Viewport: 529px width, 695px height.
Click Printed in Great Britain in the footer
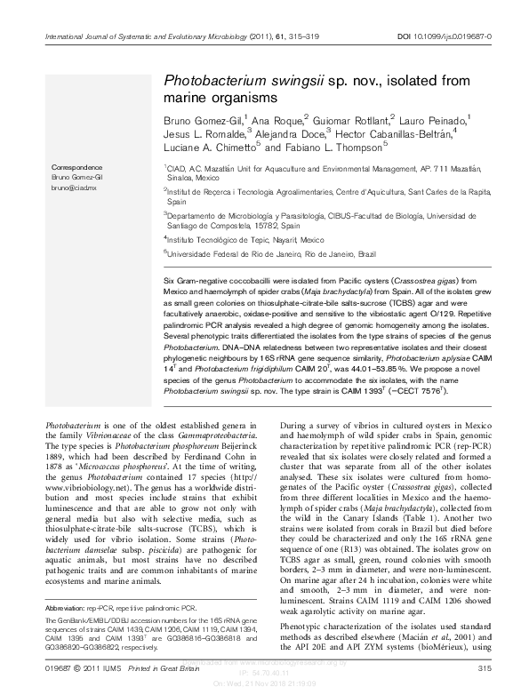click(x=144, y=667)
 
